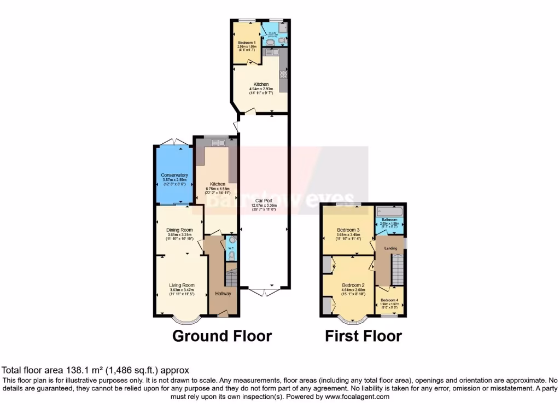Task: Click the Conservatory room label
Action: tap(174, 175)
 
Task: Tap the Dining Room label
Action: tap(180, 230)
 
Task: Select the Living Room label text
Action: tap(182, 285)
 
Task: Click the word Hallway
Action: tap(223, 294)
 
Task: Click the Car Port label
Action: tap(264, 201)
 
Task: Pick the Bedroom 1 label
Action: tap(247, 42)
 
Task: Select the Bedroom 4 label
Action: tap(390, 300)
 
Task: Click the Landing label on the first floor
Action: tap(390, 248)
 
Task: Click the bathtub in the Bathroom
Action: tap(389, 211)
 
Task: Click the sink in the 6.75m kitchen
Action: tap(221, 143)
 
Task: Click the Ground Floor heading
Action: tap(222, 336)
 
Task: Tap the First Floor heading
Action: tap(364, 336)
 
